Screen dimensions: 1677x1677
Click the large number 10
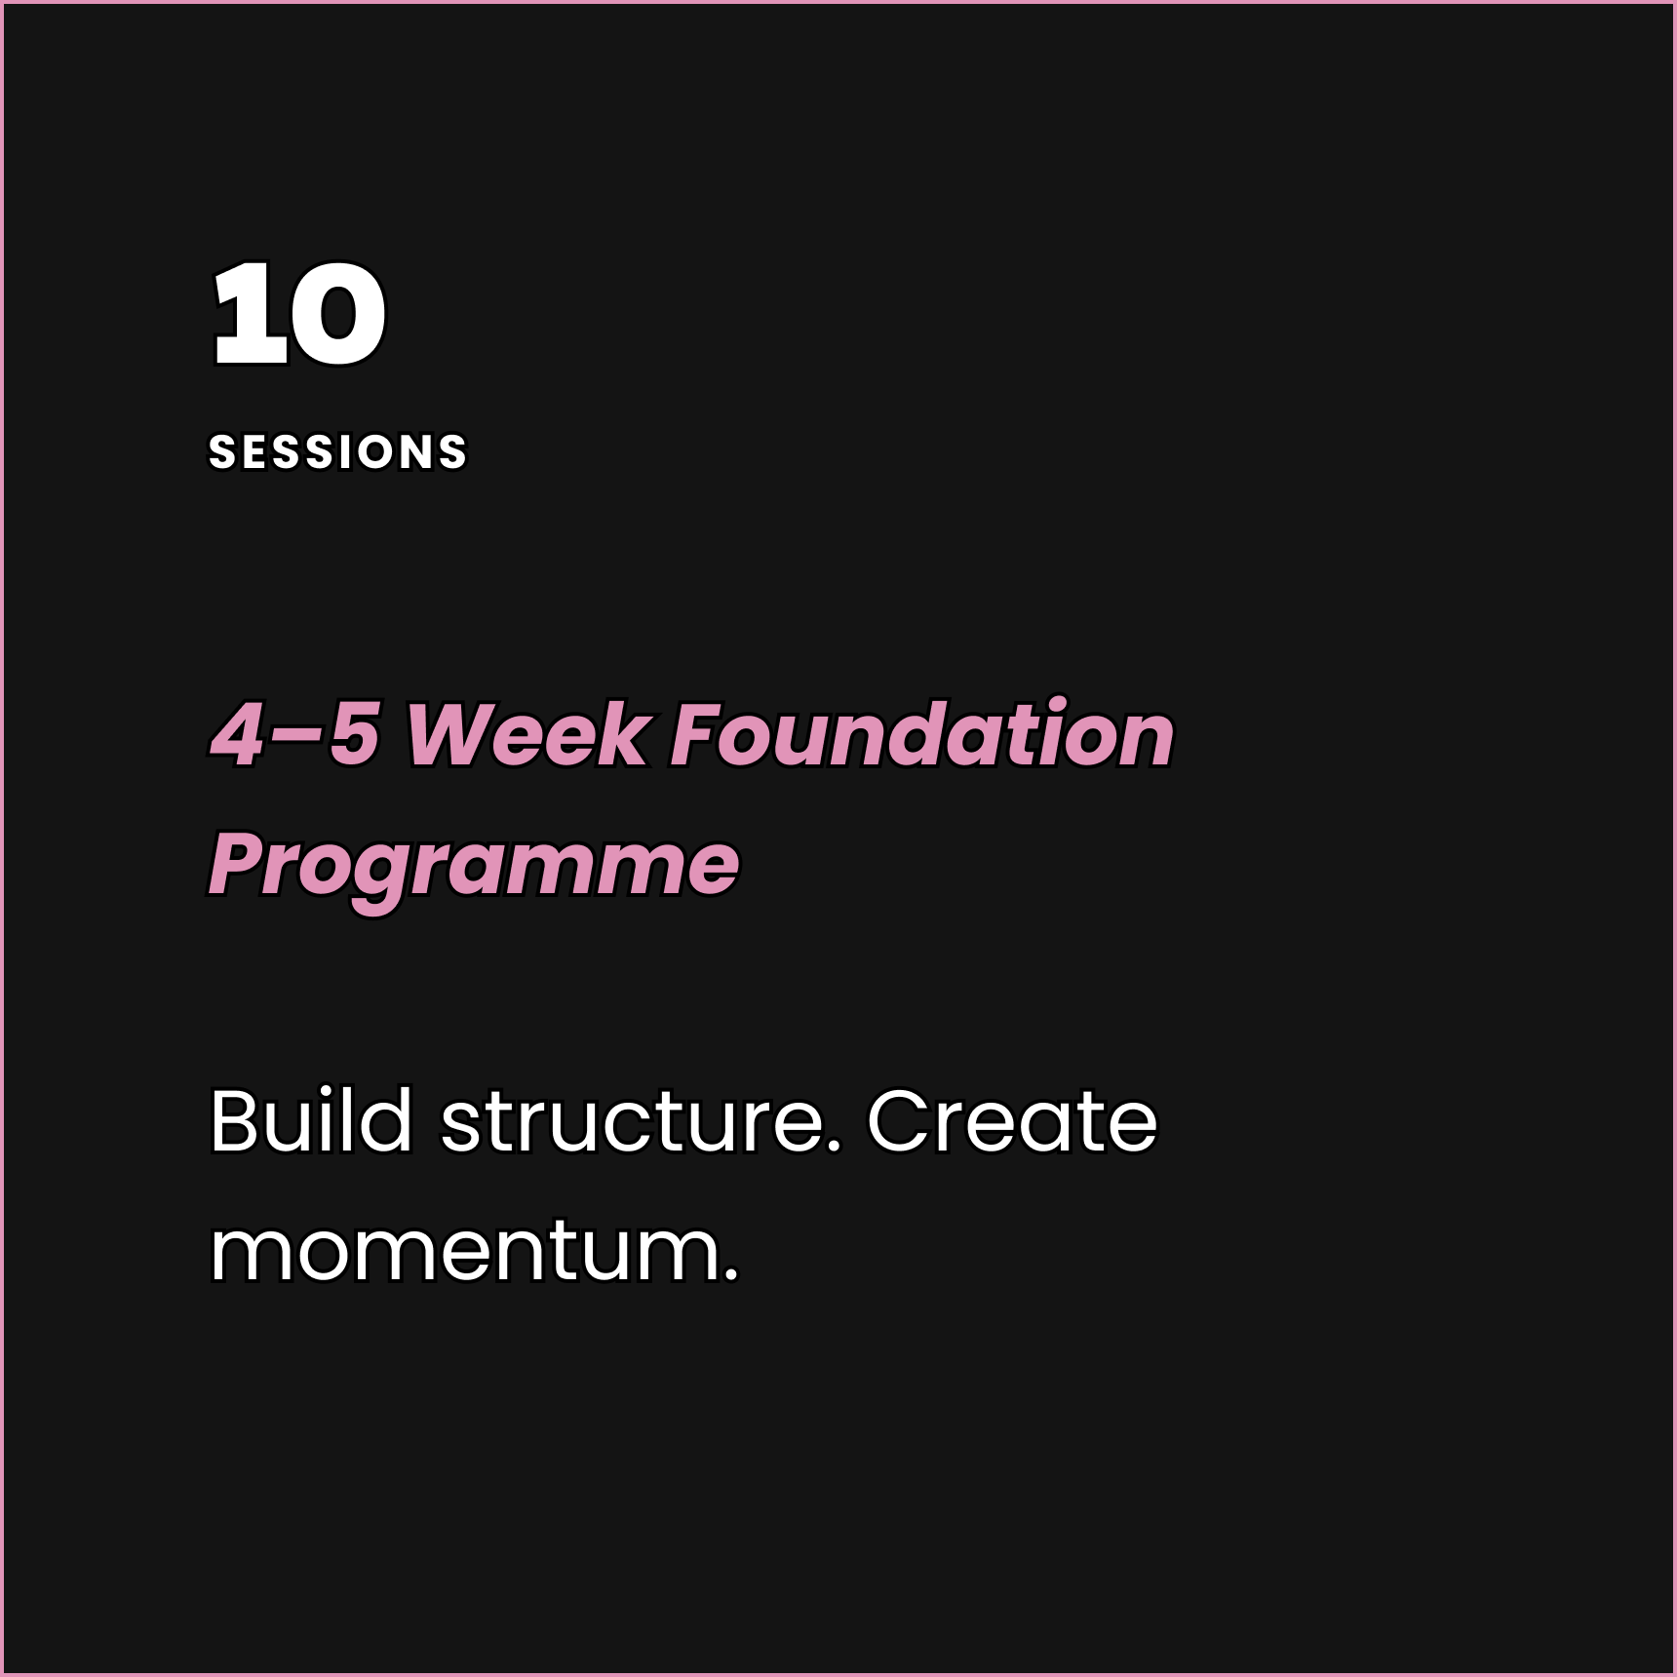click(299, 315)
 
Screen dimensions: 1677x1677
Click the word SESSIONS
click(338, 452)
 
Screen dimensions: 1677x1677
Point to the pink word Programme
click(474, 864)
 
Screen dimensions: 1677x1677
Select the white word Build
click(311, 1121)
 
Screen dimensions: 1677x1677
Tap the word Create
click(1011, 1121)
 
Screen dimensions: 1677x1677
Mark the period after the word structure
click(835, 1147)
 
